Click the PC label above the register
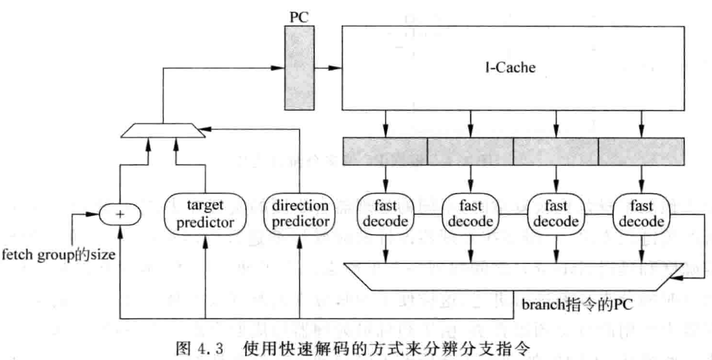tap(300, 17)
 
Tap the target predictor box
tap(205, 213)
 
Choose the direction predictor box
tap(299, 213)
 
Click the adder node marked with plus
tap(120, 214)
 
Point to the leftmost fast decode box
tap(385, 213)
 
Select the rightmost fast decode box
tap(641, 213)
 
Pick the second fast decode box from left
tap(470, 213)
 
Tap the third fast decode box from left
tap(556, 213)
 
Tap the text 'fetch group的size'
tap(59, 255)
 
